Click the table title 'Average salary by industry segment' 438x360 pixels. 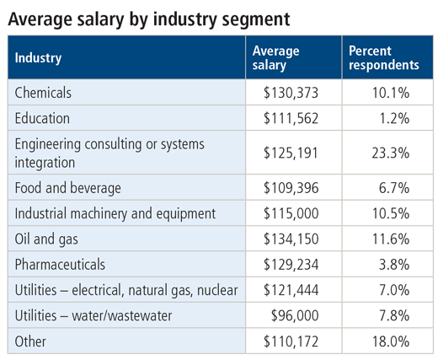(149, 19)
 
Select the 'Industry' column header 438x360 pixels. (38, 58)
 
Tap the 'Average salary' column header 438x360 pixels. (275, 58)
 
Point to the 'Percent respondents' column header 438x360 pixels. (384, 58)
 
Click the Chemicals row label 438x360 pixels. (43, 93)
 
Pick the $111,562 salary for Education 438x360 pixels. (291, 118)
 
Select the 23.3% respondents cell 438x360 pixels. (390, 153)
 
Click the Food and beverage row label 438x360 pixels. (67, 188)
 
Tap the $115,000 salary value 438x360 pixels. (291, 213)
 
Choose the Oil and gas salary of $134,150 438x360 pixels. (291, 239)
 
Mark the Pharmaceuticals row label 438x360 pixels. (60, 265)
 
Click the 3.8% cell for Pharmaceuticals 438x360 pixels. (394, 265)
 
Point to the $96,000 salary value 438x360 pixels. (295, 315)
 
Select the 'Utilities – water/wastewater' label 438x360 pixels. (93, 315)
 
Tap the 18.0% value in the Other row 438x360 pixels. (391, 341)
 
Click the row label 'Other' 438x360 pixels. (30, 341)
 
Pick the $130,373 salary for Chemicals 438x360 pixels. (291, 93)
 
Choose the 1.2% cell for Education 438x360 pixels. (394, 118)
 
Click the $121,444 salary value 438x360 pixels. (291, 290)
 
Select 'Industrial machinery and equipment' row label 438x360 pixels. (115, 213)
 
